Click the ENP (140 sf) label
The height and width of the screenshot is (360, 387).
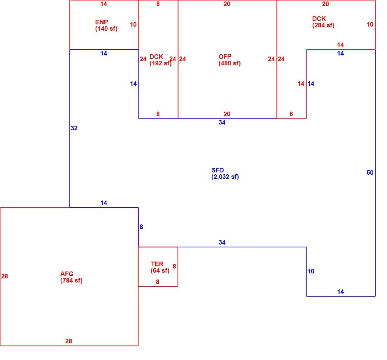(106, 25)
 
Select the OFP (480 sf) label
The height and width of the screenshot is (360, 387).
(229, 60)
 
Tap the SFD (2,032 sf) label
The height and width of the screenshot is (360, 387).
(225, 174)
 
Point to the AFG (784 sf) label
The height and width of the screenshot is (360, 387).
(71, 277)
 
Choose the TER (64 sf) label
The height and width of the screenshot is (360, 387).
(160, 267)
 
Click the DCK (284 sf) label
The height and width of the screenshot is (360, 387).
(323, 22)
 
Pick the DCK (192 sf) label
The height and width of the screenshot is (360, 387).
(160, 60)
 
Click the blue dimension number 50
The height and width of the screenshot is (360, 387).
(370, 172)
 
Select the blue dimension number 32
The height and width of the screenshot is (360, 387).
(74, 128)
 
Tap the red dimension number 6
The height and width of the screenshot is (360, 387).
(291, 114)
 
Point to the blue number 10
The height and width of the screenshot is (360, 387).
(311, 271)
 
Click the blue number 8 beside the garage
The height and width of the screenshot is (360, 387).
(141, 227)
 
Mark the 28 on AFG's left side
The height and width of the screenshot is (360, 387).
(5, 276)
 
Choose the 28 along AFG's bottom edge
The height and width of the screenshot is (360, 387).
(69, 341)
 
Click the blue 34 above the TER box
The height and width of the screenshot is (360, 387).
(222, 242)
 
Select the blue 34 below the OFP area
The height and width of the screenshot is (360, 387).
(222, 122)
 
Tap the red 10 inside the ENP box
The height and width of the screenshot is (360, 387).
(133, 24)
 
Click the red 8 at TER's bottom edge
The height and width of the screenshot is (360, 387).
(157, 282)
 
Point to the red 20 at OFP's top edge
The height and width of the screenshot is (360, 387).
(227, 4)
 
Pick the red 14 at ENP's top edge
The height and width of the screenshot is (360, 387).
(104, 4)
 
